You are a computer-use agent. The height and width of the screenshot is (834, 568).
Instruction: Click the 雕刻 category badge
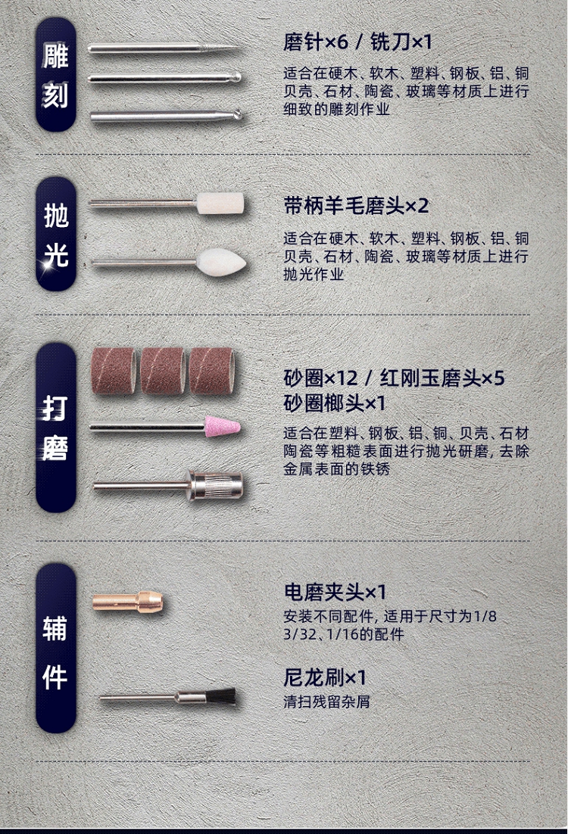pyautogui.click(x=56, y=75)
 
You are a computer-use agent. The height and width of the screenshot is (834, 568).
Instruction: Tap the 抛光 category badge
pyautogui.click(x=56, y=235)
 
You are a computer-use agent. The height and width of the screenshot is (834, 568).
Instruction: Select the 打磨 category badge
pyautogui.click(x=56, y=428)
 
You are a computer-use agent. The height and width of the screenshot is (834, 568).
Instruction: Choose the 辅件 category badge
pyautogui.click(x=56, y=648)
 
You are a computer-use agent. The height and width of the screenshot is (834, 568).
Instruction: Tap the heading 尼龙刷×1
pyautogui.click(x=325, y=677)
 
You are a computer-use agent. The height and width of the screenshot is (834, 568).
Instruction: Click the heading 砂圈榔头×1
pyautogui.click(x=335, y=403)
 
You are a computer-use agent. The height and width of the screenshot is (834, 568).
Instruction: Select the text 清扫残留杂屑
pyautogui.click(x=327, y=702)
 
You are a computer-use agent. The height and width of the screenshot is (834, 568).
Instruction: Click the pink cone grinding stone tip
pyautogui.click(x=223, y=427)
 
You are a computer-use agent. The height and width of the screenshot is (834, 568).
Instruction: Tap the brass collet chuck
pyautogui.click(x=128, y=602)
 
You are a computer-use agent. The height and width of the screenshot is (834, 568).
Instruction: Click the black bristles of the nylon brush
pyautogui.click(x=221, y=697)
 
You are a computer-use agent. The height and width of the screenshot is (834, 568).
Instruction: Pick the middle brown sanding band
pyautogui.click(x=163, y=372)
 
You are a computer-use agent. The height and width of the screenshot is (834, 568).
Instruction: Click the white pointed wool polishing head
pyautogui.click(x=221, y=262)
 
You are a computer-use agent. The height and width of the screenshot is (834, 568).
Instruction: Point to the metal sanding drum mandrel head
pyautogui.click(x=217, y=485)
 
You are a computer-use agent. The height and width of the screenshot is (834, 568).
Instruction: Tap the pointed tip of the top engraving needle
pyautogui.click(x=237, y=48)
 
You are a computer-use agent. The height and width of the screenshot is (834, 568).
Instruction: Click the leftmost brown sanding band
pyautogui.click(x=114, y=372)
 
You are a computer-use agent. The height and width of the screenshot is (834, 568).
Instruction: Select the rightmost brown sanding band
pyautogui.click(x=212, y=372)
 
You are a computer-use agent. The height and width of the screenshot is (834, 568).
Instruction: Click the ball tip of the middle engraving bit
pyautogui.click(x=236, y=78)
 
